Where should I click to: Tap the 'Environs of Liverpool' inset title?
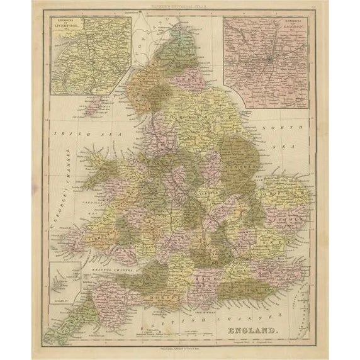click(63, 28)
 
